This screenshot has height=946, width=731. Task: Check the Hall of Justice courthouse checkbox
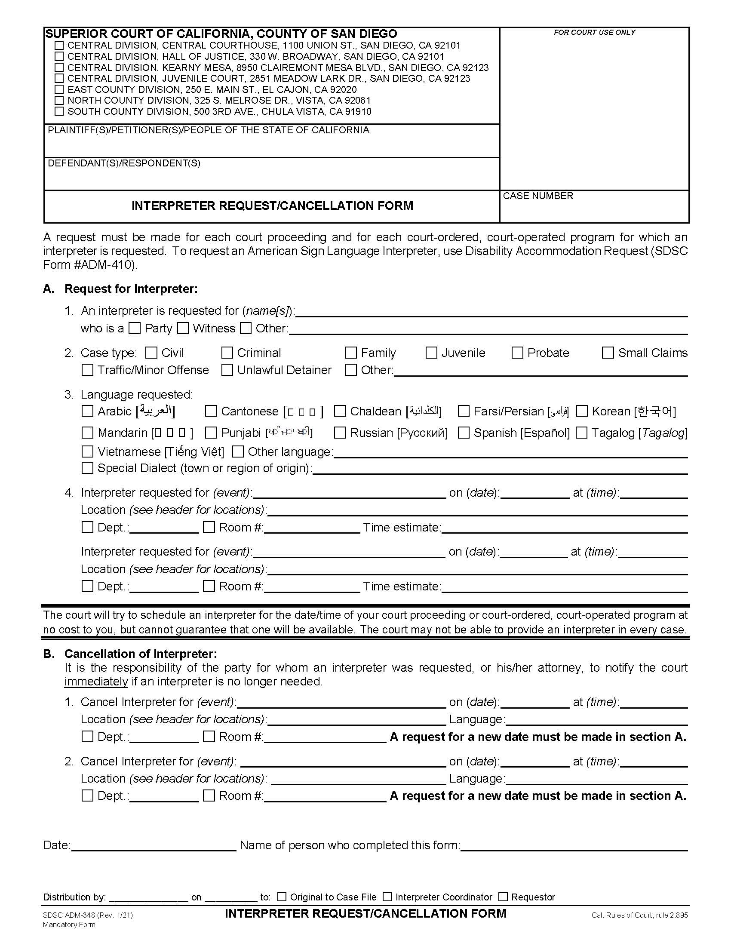click(59, 56)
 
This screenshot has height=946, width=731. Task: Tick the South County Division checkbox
click(59, 111)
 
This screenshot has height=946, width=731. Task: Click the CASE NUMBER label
click(538, 196)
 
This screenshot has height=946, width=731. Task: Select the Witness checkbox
click(183, 329)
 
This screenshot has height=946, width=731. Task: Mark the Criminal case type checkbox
click(227, 353)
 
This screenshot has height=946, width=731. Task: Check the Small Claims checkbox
click(608, 353)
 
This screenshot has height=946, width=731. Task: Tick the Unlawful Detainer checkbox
click(227, 370)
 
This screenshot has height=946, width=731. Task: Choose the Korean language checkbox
click(582, 411)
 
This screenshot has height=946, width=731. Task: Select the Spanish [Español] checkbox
click(464, 433)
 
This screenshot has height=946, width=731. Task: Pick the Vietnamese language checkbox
click(87, 452)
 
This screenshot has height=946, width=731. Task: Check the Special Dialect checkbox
click(87, 468)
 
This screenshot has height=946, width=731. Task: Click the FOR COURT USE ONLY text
click(594, 33)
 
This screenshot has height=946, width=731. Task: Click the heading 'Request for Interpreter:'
click(131, 289)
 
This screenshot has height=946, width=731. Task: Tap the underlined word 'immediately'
click(96, 682)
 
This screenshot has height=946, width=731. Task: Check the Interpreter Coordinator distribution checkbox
click(387, 897)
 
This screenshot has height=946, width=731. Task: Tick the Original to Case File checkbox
click(282, 897)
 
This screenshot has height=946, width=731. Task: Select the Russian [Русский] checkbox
click(341, 433)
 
